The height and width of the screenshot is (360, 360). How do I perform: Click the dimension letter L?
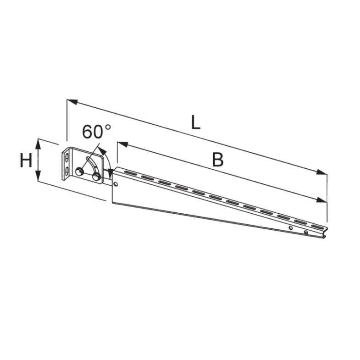[196, 122]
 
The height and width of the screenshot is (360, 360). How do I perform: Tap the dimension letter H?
[26, 161]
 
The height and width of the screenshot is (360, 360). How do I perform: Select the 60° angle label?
[96, 132]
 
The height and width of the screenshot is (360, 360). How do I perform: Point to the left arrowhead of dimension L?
[72, 102]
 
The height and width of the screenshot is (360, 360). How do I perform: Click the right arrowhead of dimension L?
[321, 172]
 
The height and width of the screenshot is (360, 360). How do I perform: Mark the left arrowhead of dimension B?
[122, 144]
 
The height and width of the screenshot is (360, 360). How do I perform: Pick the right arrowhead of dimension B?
[321, 199]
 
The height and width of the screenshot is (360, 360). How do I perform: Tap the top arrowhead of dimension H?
[39, 144]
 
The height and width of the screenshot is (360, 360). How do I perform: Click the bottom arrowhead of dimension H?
[39, 176]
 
